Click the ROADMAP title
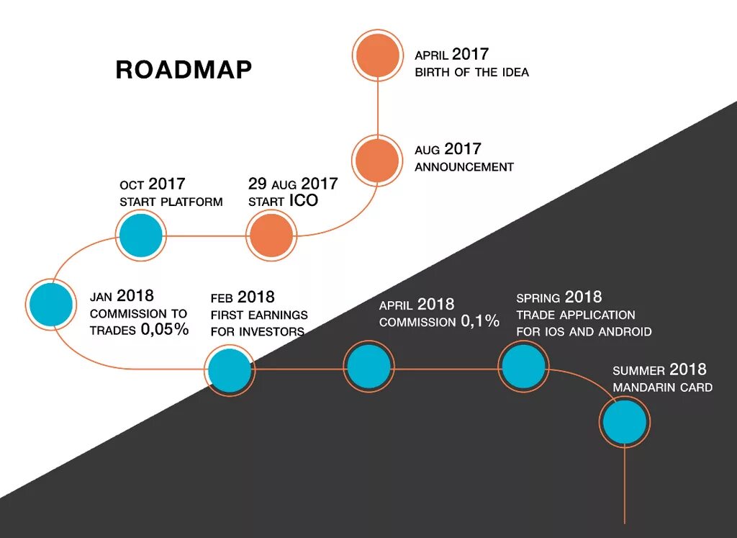(184, 70)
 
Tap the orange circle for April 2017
(377, 55)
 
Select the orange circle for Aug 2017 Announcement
(376, 160)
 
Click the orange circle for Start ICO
(271, 236)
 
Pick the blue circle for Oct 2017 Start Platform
(141, 236)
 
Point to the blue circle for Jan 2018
(50, 305)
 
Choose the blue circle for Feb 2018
(230, 369)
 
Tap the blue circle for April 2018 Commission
(368, 367)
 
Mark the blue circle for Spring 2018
(523, 367)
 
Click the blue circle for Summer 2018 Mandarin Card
(624, 421)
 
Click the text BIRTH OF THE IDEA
(471, 73)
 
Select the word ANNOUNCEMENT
(464, 167)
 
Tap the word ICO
(303, 201)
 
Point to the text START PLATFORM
(171, 202)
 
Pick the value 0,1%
(479, 322)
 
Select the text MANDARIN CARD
(662, 388)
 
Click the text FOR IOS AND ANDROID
(584, 332)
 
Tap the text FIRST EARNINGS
(259, 315)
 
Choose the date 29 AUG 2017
(293, 184)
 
